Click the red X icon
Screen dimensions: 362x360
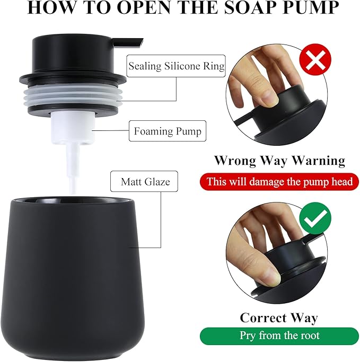(x=316, y=62)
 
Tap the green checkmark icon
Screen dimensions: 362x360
(x=316, y=217)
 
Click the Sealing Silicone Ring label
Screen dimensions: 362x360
(x=176, y=67)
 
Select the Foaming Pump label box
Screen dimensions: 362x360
(x=167, y=131)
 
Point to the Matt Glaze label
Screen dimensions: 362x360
(x=145, y=182)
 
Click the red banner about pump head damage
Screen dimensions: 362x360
(x=279, y=182)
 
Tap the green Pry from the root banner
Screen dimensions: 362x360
(x=279, y=335)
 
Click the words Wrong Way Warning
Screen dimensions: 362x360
(x=279, y=161)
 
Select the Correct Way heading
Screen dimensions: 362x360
(x=279, y=317)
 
